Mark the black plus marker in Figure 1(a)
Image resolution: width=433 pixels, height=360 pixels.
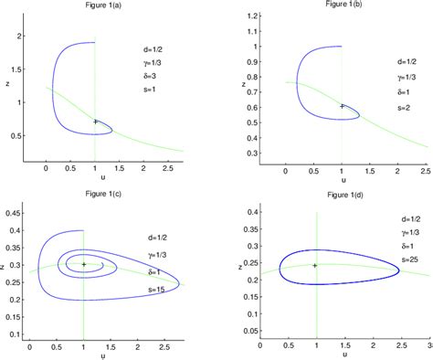[95, 121]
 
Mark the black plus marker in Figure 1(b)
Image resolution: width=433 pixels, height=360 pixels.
[342, 106]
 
